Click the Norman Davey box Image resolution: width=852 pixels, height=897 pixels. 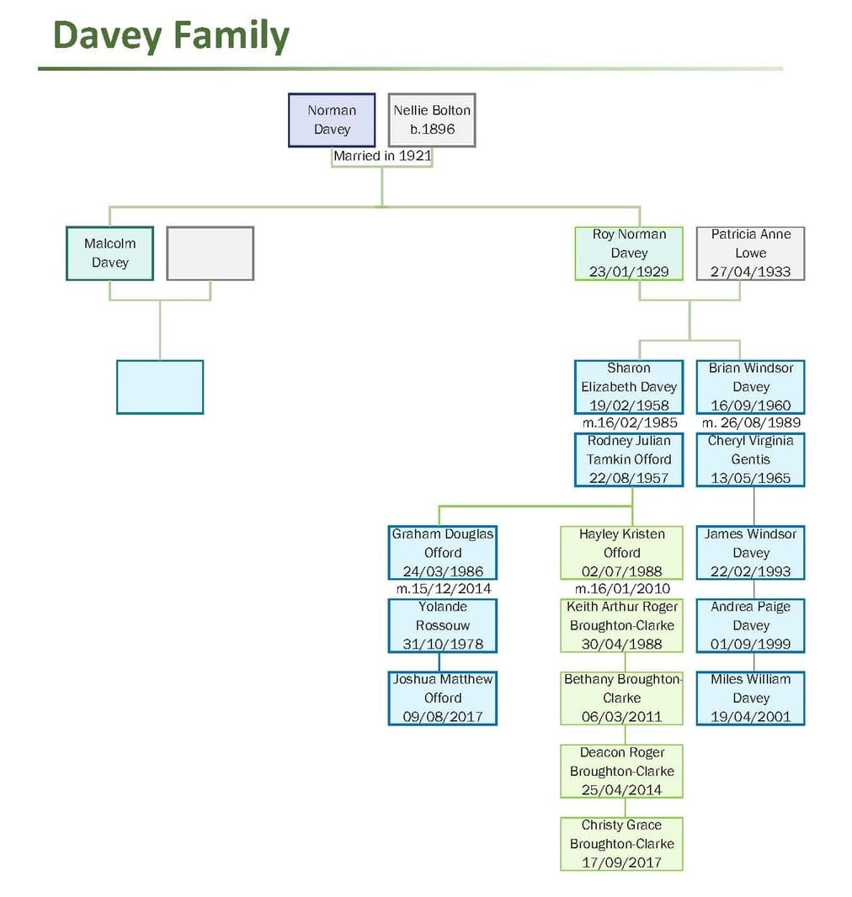point(332,119)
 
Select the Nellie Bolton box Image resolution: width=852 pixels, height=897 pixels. point(432,119)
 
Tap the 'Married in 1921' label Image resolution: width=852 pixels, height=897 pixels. point(382,156)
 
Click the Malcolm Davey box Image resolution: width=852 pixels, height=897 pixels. point(109,253)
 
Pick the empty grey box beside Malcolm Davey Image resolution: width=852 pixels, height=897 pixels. point(210,253)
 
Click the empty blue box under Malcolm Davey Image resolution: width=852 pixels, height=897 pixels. point(160,387)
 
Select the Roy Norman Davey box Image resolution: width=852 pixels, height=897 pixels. point(629,253)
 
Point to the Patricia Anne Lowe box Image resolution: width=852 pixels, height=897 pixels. point(750,253)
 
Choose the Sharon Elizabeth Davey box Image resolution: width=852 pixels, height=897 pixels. point(629,387)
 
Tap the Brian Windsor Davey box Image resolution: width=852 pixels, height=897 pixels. point(750,387)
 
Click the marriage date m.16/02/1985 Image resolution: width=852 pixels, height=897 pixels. point(629,422)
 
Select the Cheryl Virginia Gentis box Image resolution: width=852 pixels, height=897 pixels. point(750,459)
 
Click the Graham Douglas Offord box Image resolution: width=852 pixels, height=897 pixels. point(443,553)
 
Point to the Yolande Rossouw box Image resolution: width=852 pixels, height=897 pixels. point(443,626)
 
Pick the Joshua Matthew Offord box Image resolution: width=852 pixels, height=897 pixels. point(443,698)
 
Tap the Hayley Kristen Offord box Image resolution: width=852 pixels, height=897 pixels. point(622,553)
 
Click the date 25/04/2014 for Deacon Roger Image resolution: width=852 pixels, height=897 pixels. point(622,790)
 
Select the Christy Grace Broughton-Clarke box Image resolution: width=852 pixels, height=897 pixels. point(622,844)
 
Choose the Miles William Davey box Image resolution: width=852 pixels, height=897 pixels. point(750,698)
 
